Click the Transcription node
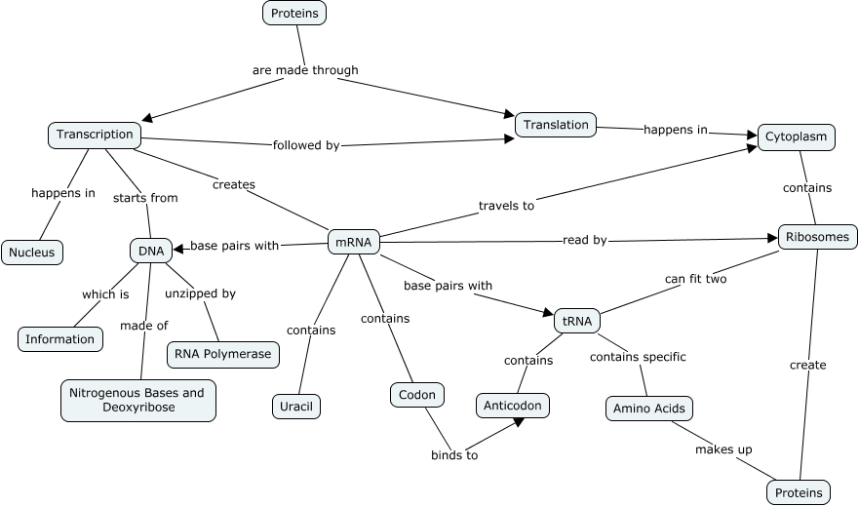click(x=95, y=135)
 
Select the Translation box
click(x=556, y=125)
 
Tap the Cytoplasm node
click(x=796, y=136)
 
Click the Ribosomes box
click(x=818, y=236)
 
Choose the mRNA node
click(x=353, y=242)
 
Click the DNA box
click(x=151, y=251)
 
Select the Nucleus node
click(x=32, y=253)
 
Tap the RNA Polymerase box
click(x=223, y=355)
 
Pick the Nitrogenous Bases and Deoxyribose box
click(x=137, y=400)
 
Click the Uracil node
click(x=296, y=406)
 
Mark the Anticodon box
click(x=514, y=405)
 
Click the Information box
click(x=60, y=339)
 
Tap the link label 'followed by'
click(x=306, y=146)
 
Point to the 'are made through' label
click(x=305, y=70)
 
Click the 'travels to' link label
click(x=506, y=206)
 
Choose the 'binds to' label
click(x=454, y=455)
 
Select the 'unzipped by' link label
click(x=200, y=293)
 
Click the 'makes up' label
click(x=722, y=449)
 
